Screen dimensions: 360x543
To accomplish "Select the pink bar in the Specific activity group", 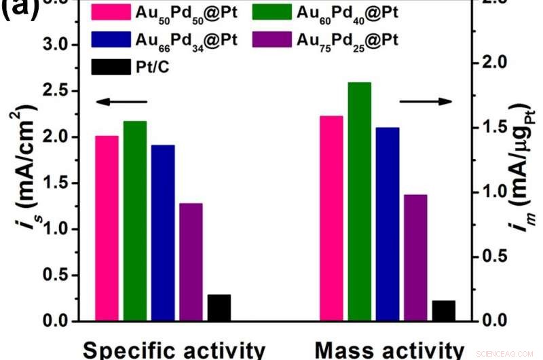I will [x=107, y=228].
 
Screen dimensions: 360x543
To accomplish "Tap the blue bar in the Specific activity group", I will [x=163, y=233].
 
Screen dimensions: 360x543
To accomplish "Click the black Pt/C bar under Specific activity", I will [x=219, y=308].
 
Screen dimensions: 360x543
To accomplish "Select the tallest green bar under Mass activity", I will [x=359, y=201].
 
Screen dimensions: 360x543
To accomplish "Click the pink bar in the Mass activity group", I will [x=331, y=218].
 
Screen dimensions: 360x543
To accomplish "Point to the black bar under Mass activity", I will [x=443, y=310].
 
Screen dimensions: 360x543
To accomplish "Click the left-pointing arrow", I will [x=120, y=102].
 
